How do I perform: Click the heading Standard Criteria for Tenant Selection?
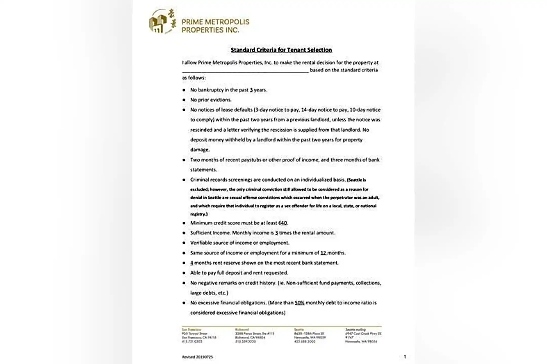(x=281, y=50)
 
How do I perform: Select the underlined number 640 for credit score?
(x=283, y=223)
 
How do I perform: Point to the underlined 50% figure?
(x=299, y=303)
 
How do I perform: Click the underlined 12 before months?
(x=323, y=253)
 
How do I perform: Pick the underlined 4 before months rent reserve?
(x=192, y=263)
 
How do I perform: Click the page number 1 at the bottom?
(x=405, y=357)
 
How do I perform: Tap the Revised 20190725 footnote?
(x=198, y=357)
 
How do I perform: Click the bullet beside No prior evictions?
(x=184, y=100)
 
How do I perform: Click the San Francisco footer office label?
(x=191, y=330)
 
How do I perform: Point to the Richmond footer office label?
(x=242, y=330)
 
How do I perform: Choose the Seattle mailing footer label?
(x=356, y=330)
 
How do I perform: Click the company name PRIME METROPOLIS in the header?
(x=216, y=22)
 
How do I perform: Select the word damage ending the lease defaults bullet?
(x=200, y=150)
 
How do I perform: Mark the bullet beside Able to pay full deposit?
(x=184, y=273)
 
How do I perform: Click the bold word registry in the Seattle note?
(x=198, y=214)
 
